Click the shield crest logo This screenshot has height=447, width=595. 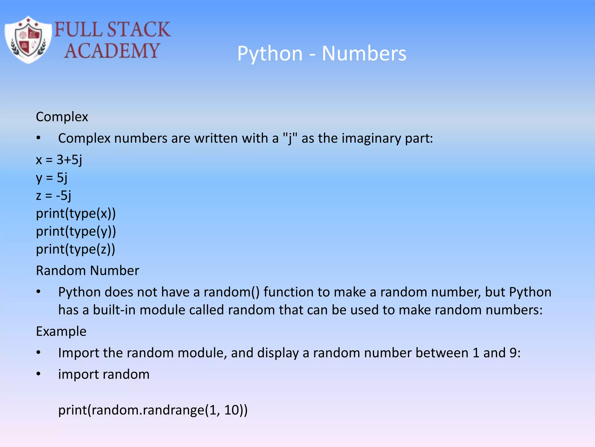[28, 40]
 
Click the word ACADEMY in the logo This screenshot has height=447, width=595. [112, 51]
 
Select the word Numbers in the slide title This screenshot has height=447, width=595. [364, 54]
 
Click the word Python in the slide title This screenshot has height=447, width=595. [270, 54]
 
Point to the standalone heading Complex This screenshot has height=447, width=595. [62, 117]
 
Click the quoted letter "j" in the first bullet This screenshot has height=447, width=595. [290, 138]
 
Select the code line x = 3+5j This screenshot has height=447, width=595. [59, 160]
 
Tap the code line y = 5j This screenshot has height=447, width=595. [52, 178]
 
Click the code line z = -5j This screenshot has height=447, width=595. [53, 196]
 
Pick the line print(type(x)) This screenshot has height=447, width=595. [76, 214]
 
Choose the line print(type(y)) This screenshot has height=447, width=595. [76, 232]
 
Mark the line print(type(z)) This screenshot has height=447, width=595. [76, 249]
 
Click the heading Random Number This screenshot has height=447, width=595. [87, 271]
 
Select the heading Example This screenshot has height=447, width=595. [61, 331]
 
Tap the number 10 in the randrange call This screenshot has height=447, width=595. [232, 410]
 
